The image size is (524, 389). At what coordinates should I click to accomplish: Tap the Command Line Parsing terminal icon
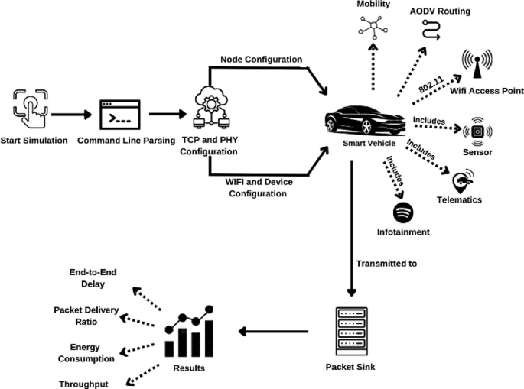tap(120, 116)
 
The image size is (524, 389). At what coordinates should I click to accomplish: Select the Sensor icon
tap(477, 131)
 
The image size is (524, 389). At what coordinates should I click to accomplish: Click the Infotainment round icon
tap(403, 209)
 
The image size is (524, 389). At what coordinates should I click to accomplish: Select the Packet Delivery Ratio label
tap(86, 315)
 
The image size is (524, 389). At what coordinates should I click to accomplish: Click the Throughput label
tap(83, 384)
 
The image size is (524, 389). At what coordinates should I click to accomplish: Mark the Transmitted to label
tap(386, 264)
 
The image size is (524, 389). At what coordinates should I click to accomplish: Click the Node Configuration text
tap(261, 60)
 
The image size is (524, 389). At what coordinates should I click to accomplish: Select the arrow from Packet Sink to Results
tap(273, 332)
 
